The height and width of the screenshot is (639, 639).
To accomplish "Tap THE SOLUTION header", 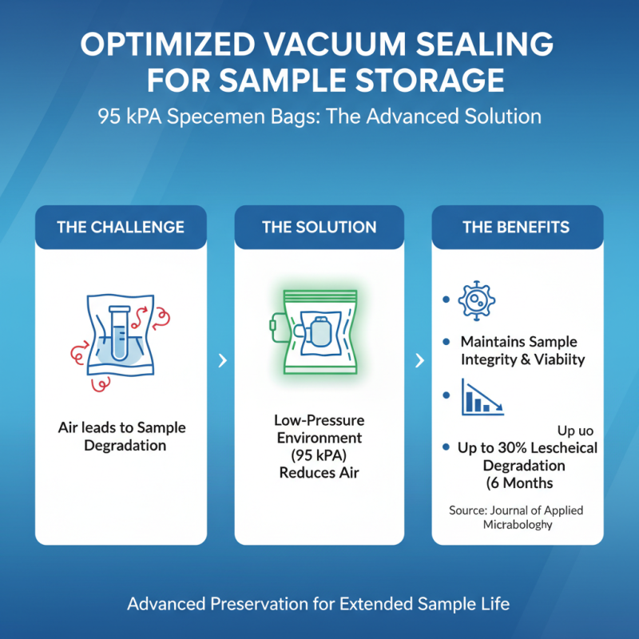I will [x=319, y=227].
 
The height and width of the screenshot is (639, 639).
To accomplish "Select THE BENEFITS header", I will [x=516, y=227].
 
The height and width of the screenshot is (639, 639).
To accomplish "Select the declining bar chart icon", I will [x=481, y=397].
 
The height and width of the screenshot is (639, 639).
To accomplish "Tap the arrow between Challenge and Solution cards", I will [x=221, y=361].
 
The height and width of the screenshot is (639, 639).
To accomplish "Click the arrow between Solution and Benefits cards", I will [x=419, y=361].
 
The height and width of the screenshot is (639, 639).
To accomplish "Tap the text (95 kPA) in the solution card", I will [x=319, y=455].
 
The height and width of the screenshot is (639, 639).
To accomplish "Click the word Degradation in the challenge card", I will [x=125, y=445].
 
